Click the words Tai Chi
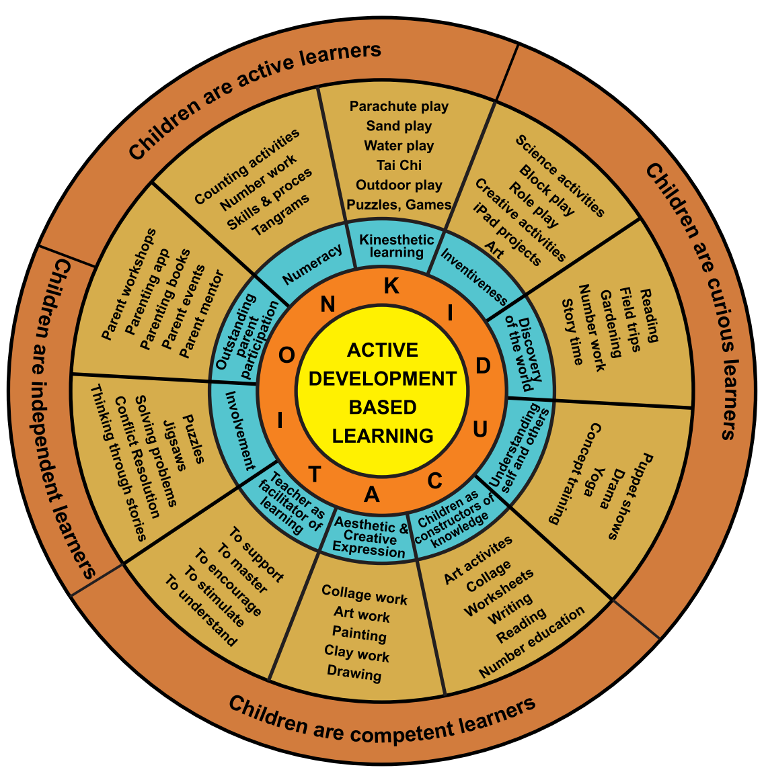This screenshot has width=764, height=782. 399,165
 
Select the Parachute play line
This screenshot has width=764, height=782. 399,106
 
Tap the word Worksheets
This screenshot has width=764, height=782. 499,592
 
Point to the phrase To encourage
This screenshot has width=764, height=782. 227,582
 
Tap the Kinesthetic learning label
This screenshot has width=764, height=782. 397,246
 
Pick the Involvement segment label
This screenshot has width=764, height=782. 239,430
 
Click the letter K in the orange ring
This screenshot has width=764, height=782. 391,287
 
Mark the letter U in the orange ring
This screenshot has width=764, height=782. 480,429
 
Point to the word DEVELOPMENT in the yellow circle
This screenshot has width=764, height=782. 382,379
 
